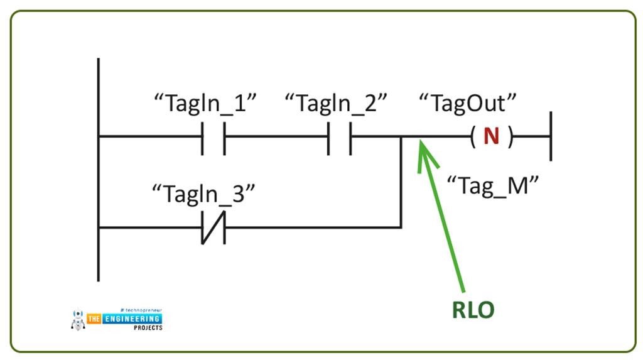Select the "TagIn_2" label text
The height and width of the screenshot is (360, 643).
click(x=335, y=104)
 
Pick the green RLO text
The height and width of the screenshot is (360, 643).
click(x=473, y=310)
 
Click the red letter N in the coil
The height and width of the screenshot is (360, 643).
click(x=491, y=136)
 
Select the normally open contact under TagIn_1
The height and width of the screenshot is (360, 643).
click(x=213, y=136)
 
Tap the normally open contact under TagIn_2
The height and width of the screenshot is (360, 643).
click(x=339, y=136)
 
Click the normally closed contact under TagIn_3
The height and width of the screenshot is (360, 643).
click(x=213, y=227)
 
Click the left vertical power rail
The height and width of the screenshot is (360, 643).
click(x=99, y=170)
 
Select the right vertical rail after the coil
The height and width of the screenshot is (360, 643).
click(x=551, y=136)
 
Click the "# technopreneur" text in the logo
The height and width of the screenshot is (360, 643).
click(x=139, y=310)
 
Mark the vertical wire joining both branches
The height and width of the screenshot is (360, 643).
click(x=401, y=182)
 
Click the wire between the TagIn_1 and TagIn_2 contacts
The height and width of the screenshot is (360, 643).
click(x=276, y=136)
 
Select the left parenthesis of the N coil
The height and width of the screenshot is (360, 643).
click(x=472, y=136)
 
